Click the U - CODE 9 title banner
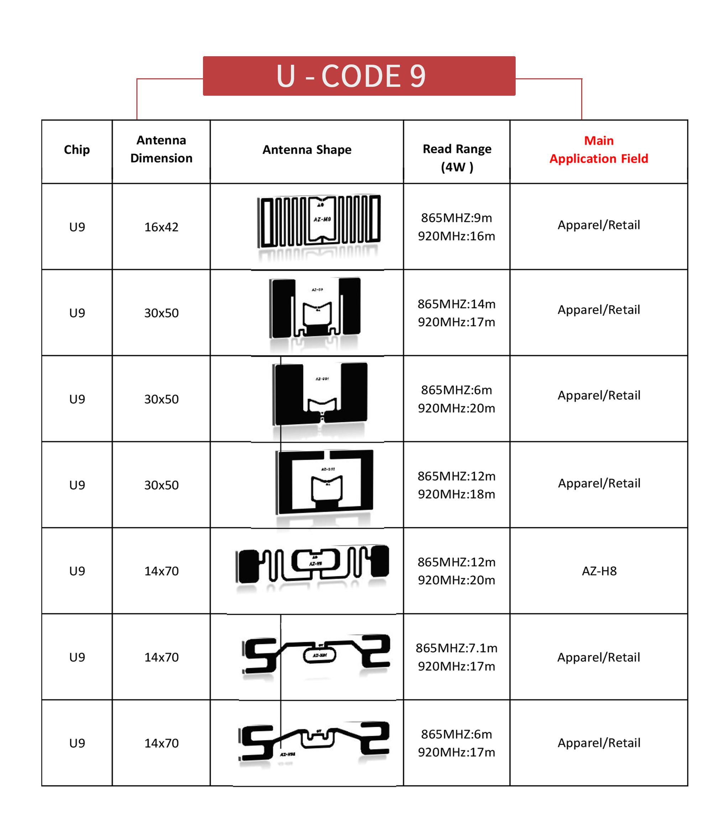(x=359, y=76)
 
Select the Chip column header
(x=77, y=149)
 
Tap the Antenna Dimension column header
(x=161, y=149)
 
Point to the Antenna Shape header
(x=307, y=149)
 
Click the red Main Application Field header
(x=598, y=149)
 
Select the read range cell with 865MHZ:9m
(x=456, y=227)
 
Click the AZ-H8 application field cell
(x=599, y=571)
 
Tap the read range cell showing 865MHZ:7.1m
(x=456, y=657)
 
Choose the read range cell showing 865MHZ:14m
(x=456, y=312)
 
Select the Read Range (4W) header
(x=457, y=158)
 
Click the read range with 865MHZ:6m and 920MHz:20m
(x=456, y=399)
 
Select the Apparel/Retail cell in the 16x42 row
(x=598, y=225)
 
